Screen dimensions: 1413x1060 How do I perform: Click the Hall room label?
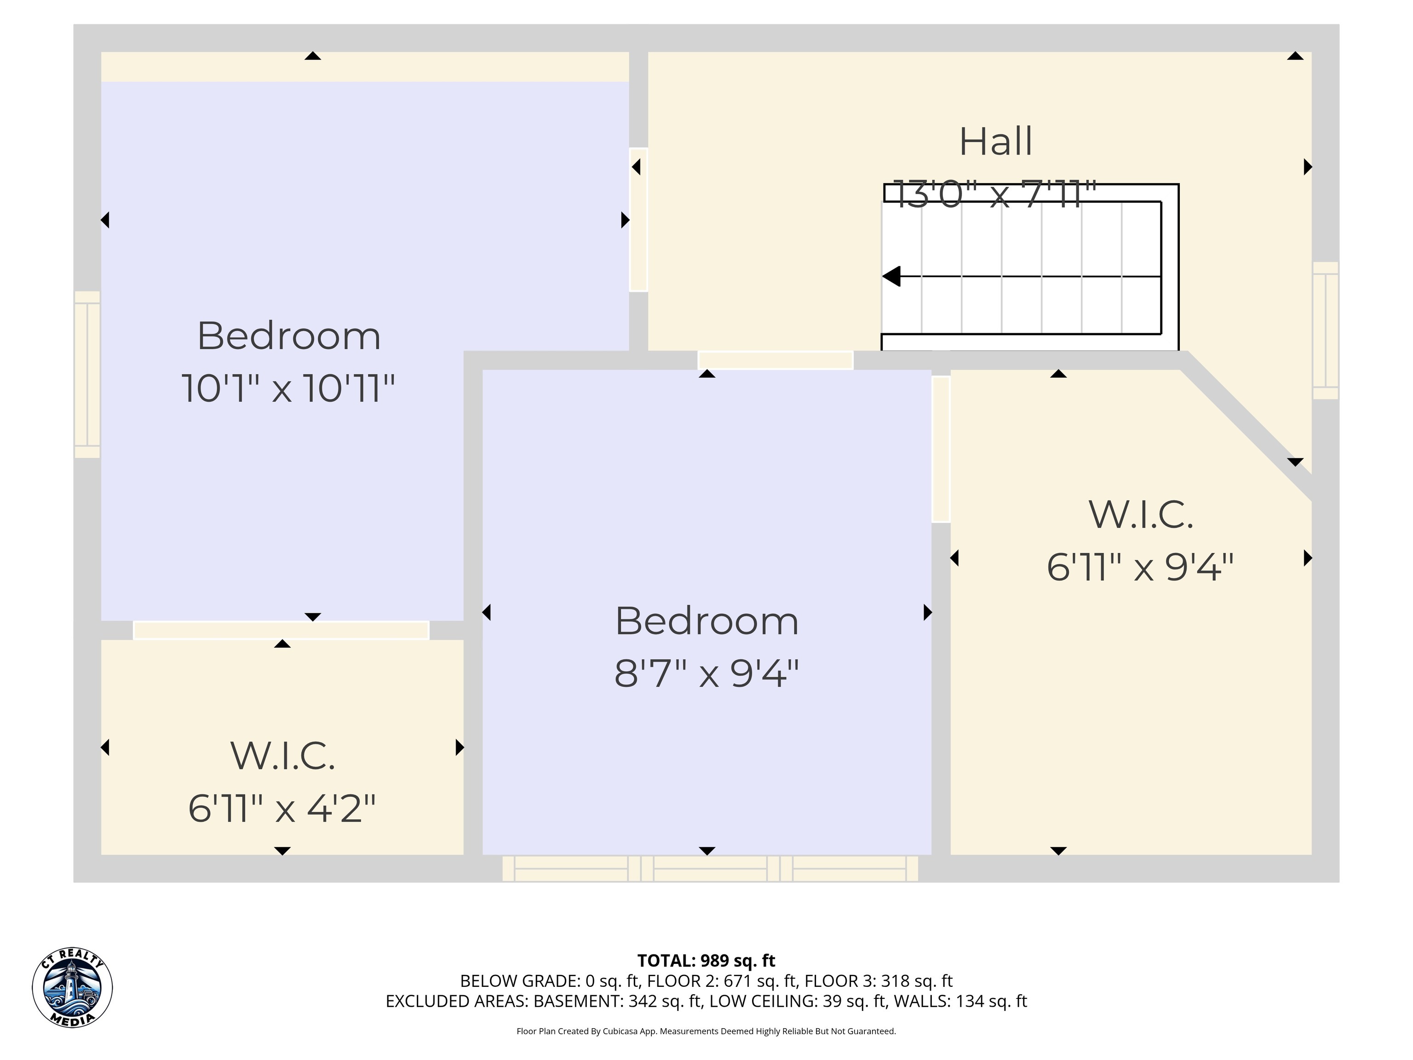tap(995, 141)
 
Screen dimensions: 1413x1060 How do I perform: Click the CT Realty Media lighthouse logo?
tap(72, 987)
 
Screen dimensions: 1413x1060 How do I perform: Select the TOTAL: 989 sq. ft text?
tap(706, 960)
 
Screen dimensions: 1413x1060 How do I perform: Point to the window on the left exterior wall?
tap(87, 374)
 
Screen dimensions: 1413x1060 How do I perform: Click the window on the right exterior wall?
tap(1326, 330)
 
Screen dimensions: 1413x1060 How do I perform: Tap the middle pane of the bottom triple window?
tap(710, 869)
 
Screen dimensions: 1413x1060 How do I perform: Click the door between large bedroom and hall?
tap(639, 220)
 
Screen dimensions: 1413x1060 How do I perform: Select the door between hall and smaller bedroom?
tap(775, 360)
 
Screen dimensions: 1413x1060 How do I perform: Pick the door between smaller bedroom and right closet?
tap(941, 449)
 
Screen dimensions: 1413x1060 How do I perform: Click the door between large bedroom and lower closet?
tap(281, 630)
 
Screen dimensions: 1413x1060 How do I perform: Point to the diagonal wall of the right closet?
tap(1249, 426)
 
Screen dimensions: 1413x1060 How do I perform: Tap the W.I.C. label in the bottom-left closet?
tap(282, 756)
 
